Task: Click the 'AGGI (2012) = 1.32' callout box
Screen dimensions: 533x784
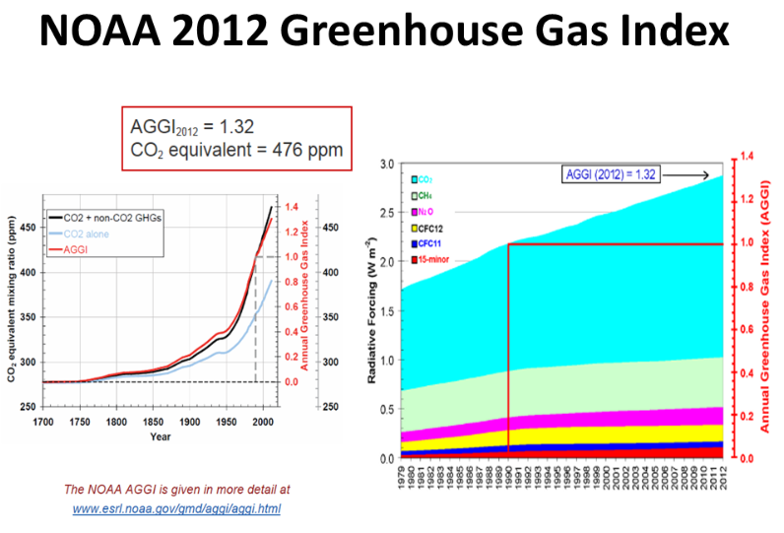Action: pyautogui.click(x=611, y=174)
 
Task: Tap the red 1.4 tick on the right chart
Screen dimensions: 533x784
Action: pyautogui.click(x=743, y=157)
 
